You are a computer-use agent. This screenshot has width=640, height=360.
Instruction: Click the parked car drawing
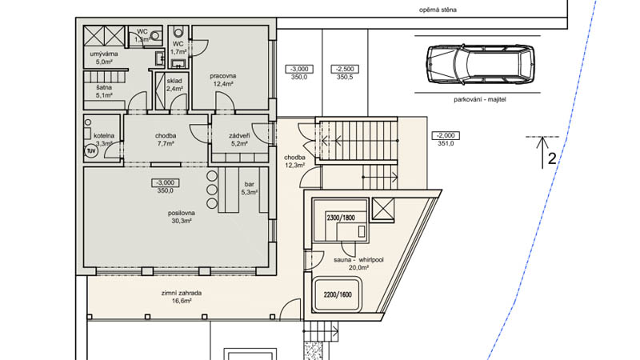480,64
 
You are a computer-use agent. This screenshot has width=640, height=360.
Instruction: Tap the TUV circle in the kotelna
90,151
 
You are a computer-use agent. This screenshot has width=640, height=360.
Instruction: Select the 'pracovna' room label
223,76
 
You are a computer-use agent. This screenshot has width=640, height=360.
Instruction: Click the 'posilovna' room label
182,213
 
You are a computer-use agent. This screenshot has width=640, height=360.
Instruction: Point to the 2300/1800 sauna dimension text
341,218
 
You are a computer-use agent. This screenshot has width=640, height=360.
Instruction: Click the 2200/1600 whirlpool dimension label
338,294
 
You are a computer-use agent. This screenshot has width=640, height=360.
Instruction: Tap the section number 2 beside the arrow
552,158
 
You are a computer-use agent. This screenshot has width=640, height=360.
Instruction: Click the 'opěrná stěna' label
438,10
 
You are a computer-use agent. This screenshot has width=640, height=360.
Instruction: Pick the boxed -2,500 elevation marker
345,69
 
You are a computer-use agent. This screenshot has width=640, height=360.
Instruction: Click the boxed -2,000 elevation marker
446,135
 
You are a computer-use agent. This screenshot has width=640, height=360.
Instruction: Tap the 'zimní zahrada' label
182,293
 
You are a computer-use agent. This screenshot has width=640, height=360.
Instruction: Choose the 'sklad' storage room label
174,82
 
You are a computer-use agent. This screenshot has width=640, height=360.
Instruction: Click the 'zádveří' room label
239,136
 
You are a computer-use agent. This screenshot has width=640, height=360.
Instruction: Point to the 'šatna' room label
104,88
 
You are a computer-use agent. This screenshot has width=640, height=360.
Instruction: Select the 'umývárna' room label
104,54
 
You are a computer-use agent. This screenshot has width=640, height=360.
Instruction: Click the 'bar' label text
249,185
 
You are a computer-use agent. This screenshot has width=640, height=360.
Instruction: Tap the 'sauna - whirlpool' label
358,260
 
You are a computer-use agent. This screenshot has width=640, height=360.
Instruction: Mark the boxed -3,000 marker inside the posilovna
166,182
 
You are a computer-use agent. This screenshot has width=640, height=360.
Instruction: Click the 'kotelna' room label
104,135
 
